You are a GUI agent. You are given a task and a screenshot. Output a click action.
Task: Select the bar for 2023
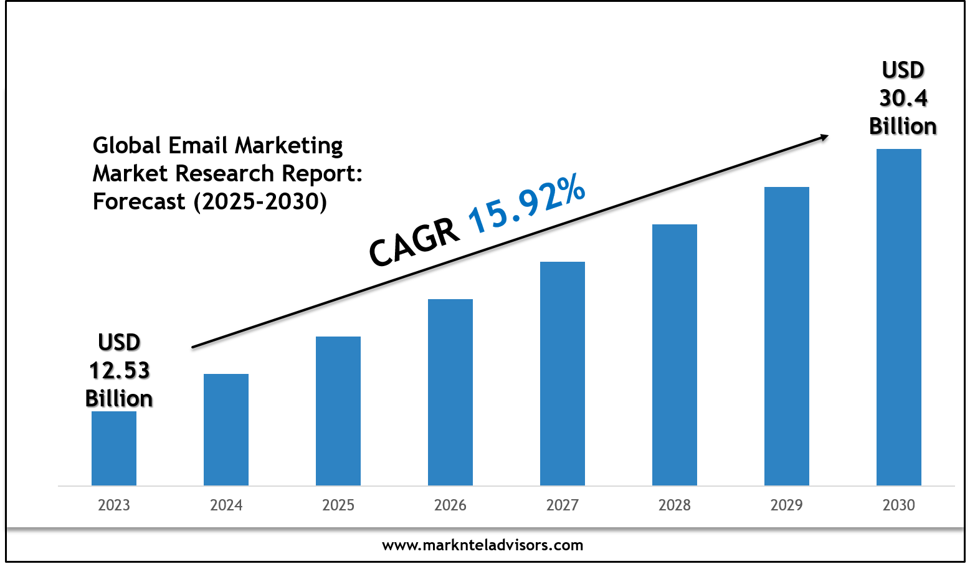pos(114,448)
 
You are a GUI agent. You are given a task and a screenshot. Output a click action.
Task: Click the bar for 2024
pos(226,429)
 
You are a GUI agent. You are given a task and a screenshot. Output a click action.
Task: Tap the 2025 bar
pos(338,411)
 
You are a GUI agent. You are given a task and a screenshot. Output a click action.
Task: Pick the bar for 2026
pos(450,392)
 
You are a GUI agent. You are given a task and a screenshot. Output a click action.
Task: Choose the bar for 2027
pos(563,373)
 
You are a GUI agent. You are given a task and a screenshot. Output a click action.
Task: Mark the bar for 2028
pos(675,355)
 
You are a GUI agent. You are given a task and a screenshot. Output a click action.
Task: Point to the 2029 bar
pos(787,336)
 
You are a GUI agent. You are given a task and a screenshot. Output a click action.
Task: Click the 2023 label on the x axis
pos(114,505)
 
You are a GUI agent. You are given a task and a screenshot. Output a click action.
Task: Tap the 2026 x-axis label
pos(450,505)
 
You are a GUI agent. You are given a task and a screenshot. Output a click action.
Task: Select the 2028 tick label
pos(675,505)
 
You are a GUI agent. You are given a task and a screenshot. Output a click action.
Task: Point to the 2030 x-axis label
pos(899,505)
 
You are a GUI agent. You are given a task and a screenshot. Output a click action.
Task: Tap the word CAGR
pos(414,243)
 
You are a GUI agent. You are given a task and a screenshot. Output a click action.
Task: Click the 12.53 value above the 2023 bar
pos(119,370)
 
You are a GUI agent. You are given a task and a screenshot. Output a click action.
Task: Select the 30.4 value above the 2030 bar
pos(903,98)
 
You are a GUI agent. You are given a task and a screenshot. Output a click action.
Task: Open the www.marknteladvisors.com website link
pos(483,545)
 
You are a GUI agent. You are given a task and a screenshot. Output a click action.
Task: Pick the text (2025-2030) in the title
pos(260,201)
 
